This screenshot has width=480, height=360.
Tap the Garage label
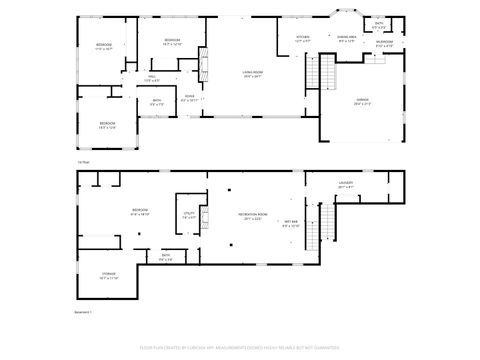(362, 101)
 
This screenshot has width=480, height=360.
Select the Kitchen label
(303, 38)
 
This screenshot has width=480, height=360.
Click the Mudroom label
(385, 44)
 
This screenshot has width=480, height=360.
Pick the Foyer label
(188, 98)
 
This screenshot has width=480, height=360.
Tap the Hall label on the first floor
(152, 78)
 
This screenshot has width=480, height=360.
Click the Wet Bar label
(290, 223)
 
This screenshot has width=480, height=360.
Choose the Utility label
(188, 215)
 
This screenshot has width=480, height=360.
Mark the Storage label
(108, 276)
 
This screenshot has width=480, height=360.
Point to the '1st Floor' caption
(84, 162)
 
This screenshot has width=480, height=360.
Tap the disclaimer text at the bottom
(240, 349)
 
